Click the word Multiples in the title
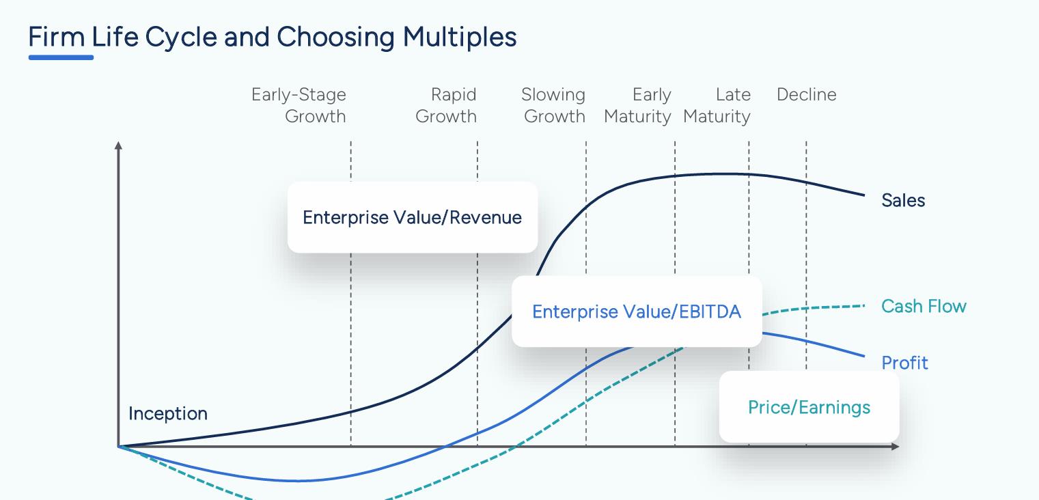pos(459,38)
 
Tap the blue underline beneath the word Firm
pos(61,57)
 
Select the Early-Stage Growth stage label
pos(299,105)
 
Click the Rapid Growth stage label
pos(446,105)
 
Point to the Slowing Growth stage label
pos(553,105)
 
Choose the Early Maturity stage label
pos(637,105)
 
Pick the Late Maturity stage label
pos(717,105)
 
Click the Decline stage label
pos(807,95)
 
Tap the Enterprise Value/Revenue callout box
pos(413,217)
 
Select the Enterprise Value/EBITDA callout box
pos(637,311)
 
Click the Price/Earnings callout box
pos(809,407)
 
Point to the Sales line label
pos(903,200)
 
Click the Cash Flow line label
pos(924,306)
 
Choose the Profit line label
pos(904,363)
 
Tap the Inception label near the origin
pos(168,413)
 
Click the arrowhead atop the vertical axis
pos(118,145)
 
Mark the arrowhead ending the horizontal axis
pos(896,446)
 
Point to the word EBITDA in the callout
pos(710,311)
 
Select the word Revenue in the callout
pos(486,217)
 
